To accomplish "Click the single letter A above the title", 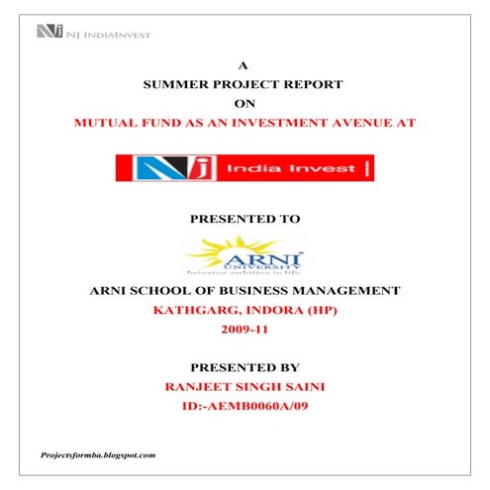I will click(244, 66).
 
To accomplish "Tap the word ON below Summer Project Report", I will click(244, 103).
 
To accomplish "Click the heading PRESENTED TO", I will click(244, 217).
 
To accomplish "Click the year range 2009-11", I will click(244, 329).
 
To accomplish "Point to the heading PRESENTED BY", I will click(244, 365).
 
